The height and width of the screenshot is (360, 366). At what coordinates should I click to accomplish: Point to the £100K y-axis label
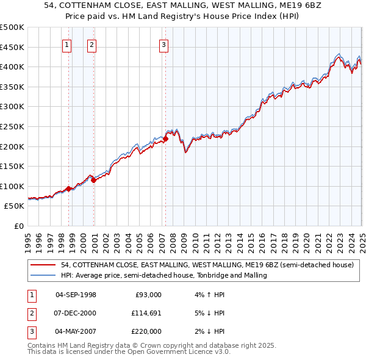pos(12,186)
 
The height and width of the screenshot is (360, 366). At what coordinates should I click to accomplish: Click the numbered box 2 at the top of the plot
pos(91,44)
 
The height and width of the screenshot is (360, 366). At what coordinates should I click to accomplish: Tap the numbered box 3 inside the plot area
pos(164,44)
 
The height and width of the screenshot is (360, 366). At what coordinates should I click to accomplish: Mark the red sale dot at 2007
pos(165,139)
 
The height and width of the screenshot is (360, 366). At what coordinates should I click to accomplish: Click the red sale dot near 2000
pos(94,180)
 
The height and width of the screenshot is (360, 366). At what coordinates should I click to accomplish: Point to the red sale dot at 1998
pos(68,189)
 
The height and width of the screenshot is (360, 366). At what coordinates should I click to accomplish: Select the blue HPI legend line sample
pos(43,275)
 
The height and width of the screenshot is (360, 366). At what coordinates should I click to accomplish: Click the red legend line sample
pos(43,265)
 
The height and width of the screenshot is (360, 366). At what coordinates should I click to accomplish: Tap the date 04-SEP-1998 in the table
pos(76,295)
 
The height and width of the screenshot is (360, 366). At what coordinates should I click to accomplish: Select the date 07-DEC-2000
pos(76,313)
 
